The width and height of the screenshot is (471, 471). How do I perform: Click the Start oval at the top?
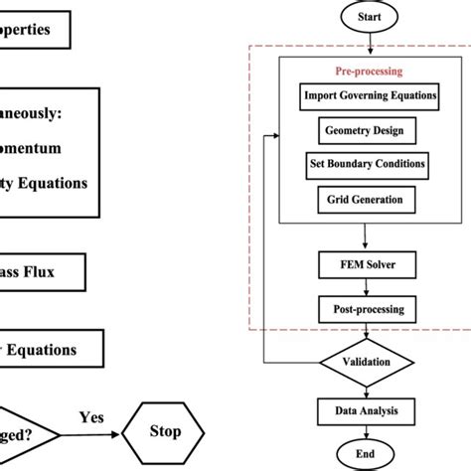click(369, 17)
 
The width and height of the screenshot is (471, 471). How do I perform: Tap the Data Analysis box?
click(366, 409)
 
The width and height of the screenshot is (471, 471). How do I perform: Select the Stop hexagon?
click(165, 432)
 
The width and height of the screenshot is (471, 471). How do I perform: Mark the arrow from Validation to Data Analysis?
click(368, 389)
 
